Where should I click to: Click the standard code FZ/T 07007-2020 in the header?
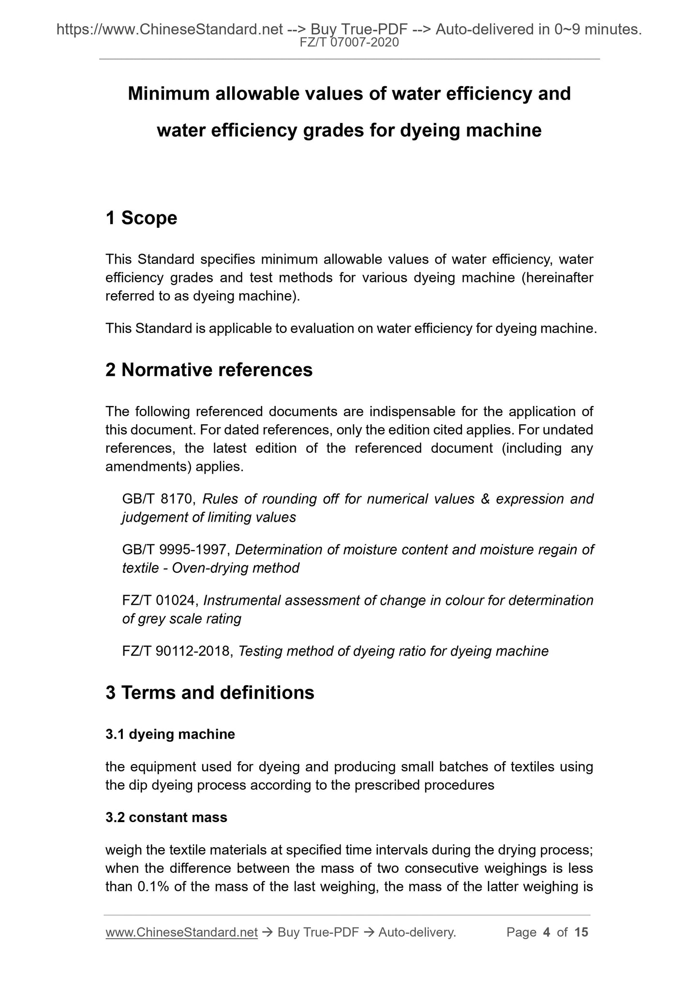349,43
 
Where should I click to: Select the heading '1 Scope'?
141,218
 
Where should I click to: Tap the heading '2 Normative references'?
209,370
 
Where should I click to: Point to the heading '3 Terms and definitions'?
210,692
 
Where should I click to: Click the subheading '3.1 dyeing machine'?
170,734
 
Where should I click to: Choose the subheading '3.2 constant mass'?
166,817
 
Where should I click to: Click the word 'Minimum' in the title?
165,93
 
